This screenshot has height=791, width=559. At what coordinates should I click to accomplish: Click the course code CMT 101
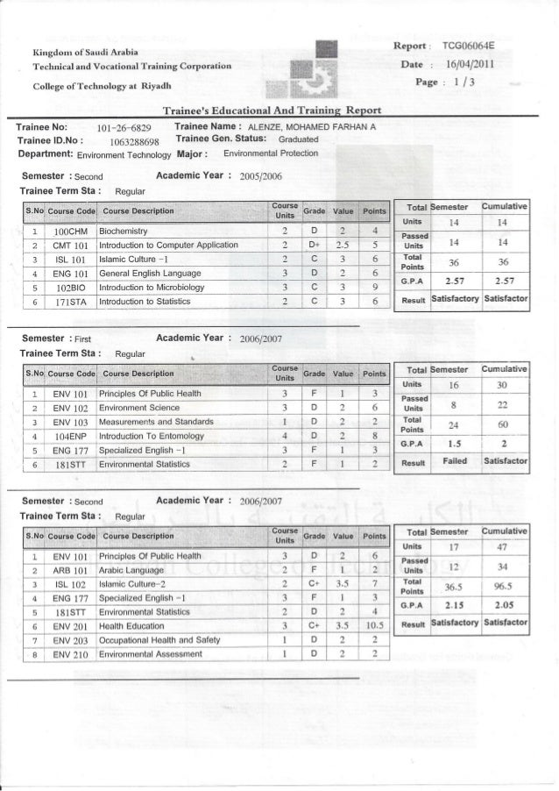(67, 246)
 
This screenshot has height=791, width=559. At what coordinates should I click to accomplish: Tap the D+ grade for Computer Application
(314, 246)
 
